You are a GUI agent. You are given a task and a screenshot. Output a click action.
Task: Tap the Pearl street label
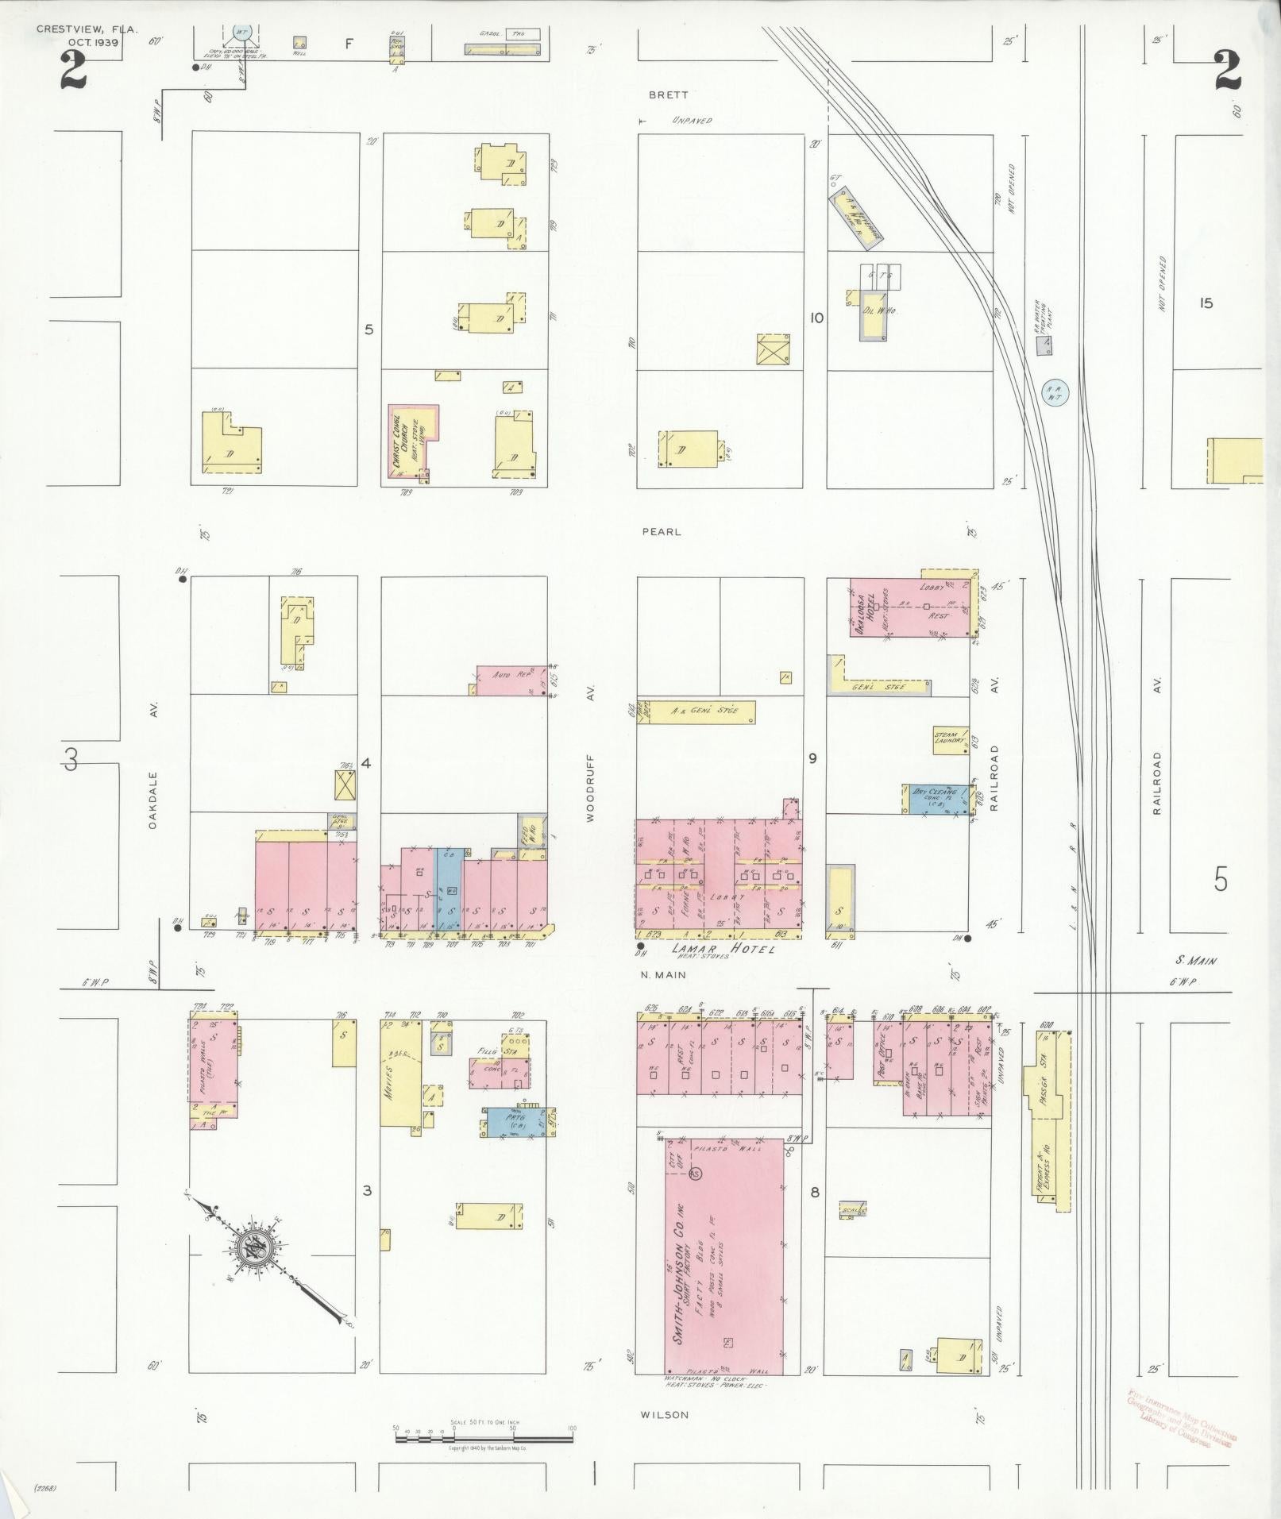pos(662,532)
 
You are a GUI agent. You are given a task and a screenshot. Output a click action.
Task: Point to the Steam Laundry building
pos(951,740)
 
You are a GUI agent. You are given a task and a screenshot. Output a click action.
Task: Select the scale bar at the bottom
pos(483,1429)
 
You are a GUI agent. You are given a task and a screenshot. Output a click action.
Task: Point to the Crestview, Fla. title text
pos(87,29)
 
